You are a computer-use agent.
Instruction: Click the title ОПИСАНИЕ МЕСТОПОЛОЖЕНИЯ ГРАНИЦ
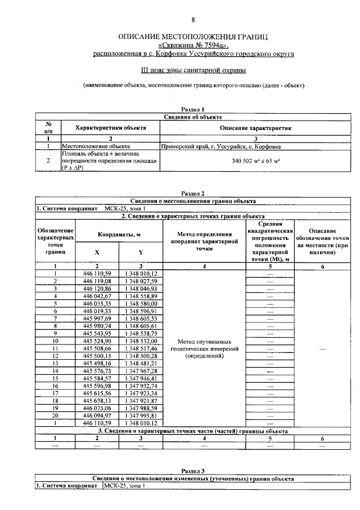pyautogui.click(x=193, y=37)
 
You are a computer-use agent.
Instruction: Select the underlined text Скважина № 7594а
pyautogui.click(x=193, y=46)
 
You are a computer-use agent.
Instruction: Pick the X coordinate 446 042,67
pyautogui.click(x=98, y=296)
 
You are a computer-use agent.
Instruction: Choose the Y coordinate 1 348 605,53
pyautogui.click(x=141, y=318)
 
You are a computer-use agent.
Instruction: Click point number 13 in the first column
pyautogui.click(x=55, y=364)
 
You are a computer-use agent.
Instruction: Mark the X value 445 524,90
pyautogui.click(x=98, y=341)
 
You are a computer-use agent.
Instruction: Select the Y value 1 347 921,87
pyautogui.click(x=141, y=401)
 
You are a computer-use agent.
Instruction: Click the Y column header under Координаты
pyautogui.click(x=141, y=252)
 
